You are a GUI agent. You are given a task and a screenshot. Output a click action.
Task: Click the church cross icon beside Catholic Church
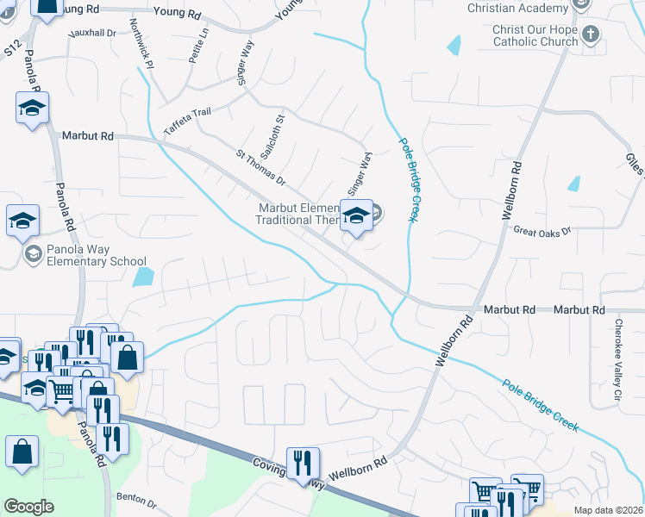[590, 35]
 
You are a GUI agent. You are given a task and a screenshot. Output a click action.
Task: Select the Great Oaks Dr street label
[542, 231]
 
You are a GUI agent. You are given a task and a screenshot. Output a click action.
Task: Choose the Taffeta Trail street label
[187, 123]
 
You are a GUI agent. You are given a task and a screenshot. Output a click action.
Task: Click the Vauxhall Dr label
[95, 33]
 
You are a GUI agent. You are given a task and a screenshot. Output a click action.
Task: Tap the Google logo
[28, 507]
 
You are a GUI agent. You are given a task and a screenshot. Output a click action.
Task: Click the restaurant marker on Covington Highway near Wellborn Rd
[303, 462]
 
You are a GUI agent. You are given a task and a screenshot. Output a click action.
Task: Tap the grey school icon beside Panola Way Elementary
[33, 253]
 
